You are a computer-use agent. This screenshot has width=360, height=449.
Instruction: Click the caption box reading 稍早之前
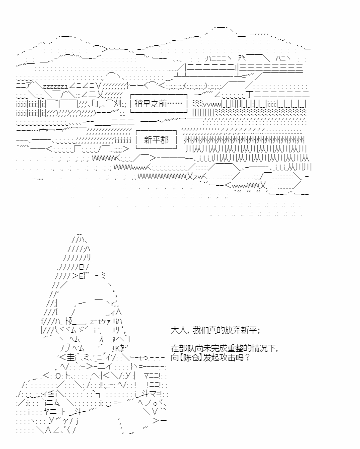[159, 103]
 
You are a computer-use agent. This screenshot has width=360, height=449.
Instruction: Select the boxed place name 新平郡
[156, 140]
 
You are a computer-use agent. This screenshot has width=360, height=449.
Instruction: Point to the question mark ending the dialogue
[248, 357]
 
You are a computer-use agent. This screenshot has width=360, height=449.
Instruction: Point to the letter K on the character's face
[117, 348]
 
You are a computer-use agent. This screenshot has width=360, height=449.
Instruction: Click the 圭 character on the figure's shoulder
[70, 357]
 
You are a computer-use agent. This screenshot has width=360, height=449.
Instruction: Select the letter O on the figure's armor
[58, 376]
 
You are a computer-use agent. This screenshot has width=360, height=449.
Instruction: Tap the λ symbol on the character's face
[101, 339]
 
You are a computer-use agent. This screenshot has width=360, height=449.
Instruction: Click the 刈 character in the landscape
[118, 103]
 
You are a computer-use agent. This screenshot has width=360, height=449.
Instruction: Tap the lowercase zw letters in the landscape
[198, 177]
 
